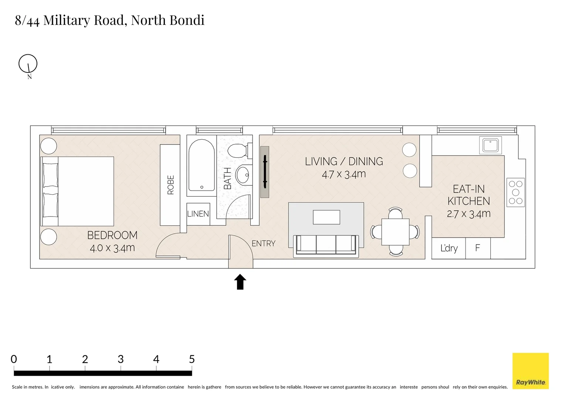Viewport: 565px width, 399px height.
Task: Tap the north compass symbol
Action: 28,64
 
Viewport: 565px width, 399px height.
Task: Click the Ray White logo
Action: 530,371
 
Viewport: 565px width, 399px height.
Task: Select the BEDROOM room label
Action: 112,235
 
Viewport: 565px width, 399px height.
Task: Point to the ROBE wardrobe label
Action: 170,185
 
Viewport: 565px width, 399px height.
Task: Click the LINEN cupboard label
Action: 198,214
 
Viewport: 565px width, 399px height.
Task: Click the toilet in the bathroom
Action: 238,151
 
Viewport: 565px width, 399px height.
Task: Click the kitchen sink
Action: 490,145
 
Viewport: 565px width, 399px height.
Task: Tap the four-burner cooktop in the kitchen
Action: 515,192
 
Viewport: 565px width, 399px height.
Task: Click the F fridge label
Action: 477,248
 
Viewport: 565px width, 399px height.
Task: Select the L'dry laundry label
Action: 449,248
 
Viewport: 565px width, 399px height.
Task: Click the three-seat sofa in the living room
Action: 326,245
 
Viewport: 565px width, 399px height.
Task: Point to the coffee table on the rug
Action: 326,217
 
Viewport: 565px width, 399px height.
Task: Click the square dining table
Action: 395,232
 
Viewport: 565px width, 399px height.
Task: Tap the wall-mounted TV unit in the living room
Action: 264,172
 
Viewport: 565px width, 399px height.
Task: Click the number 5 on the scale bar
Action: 192,359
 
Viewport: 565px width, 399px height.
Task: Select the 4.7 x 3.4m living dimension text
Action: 344,174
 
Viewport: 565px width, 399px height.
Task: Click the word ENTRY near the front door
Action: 263,243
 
